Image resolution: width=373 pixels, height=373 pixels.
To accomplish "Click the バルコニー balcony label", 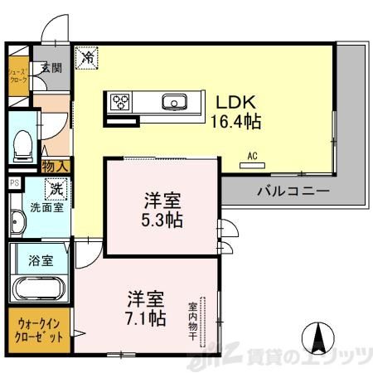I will tap(292, 190).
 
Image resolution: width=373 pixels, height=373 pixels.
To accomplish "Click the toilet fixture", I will tap(22, 146).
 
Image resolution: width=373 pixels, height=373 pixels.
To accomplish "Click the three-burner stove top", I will tap(121, 103).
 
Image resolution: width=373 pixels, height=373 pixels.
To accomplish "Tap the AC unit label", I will tap(249, 155).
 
